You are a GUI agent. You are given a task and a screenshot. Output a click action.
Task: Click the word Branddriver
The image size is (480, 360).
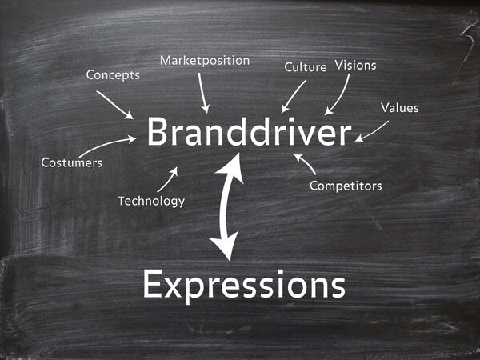coord(249,133)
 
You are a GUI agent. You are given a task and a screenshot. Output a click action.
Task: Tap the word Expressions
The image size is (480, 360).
coord(244,284)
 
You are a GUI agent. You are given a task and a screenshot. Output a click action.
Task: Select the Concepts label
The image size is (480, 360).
coord(113,75)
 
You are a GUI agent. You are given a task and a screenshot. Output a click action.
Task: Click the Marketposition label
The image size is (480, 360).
coord(205,61)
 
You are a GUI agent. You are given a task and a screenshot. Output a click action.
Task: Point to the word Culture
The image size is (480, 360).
coord(306,67)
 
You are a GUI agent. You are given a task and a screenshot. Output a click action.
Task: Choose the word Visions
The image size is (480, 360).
coord(355,65)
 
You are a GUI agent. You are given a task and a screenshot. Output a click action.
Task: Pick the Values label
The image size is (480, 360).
coord(399,107)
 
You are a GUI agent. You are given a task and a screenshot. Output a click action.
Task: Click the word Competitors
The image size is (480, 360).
coord(346,186)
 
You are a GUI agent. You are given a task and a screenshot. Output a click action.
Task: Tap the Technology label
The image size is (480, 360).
coord(151,201)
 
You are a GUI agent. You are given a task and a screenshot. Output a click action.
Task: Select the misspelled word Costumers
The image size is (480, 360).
coord(72,163)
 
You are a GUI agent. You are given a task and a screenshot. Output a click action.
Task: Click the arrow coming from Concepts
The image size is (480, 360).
coord(114,104)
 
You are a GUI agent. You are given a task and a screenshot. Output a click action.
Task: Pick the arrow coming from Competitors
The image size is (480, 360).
coord(305,163)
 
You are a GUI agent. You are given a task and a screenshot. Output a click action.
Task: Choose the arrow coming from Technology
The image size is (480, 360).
coord(167,179)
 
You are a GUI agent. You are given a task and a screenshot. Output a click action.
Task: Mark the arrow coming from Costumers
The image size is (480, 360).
coord(107,145)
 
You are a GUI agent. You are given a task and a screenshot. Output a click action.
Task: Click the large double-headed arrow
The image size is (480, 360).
coord(227,206)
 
